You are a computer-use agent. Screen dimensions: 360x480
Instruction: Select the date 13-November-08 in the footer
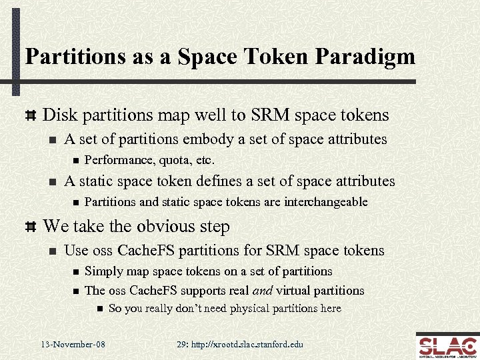[x=72, y=344]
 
